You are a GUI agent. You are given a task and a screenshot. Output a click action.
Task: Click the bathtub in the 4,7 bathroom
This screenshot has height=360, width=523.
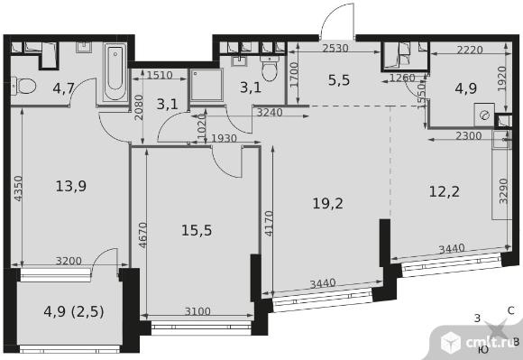coord(115,72)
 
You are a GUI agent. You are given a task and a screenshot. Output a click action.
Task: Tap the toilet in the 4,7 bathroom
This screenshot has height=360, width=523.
coord(23,86)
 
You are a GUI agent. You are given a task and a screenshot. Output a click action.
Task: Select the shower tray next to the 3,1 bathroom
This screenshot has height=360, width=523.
coord(206,85)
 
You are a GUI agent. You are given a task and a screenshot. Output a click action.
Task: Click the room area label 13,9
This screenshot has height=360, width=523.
coord(71,186)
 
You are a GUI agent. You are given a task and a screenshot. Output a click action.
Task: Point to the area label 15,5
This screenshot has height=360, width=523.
coord(197,230)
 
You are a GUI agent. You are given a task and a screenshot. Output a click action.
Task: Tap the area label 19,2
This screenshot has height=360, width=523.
coord(327,203)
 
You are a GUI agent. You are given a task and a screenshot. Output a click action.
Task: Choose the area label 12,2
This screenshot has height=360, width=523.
coord(445,191)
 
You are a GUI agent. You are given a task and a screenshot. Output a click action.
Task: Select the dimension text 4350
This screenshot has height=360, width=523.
coord(18,189)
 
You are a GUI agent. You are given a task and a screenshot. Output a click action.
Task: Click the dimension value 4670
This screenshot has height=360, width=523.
coord(142,235)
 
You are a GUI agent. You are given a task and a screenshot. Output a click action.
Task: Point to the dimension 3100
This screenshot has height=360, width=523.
coord(197,311)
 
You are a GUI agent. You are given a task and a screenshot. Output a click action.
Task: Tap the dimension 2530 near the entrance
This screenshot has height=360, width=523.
coord(335,49)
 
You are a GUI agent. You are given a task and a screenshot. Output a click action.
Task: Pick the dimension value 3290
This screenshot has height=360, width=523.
coord(503,191)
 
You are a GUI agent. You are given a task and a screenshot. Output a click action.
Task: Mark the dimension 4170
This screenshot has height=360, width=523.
coord(269,223)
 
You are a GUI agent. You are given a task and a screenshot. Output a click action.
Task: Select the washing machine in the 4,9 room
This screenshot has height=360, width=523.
coord(484,115)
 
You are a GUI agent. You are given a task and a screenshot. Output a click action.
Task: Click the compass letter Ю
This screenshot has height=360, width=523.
coord(483,349)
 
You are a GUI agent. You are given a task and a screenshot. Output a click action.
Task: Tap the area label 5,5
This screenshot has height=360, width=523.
coord(339,80)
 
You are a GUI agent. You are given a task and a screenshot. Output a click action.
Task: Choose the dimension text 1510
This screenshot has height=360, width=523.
coord(160,75)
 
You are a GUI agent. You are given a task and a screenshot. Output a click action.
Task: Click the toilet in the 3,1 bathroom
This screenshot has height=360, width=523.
coord(270,68)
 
